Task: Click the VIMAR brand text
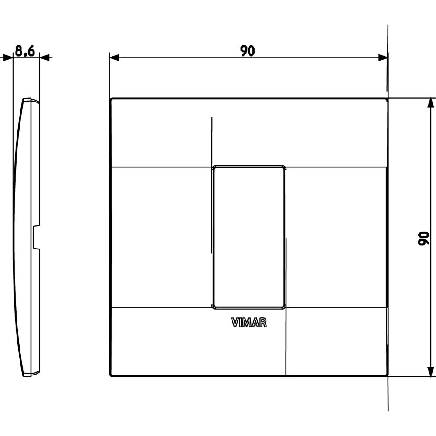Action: click(x=249, y=323)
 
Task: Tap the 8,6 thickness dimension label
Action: click(x=25, y=51)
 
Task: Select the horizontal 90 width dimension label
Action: click(x=248, y=51)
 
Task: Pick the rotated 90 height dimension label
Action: click(x=423, y=238)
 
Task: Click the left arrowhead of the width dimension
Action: click(x=114, y=58)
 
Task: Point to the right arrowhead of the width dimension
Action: click(x=383, y=58)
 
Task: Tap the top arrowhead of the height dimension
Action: click(x=430, y=103)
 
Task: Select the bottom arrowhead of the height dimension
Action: click(x=430, y=371)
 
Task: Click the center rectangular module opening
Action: click(x=249, y=237)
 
